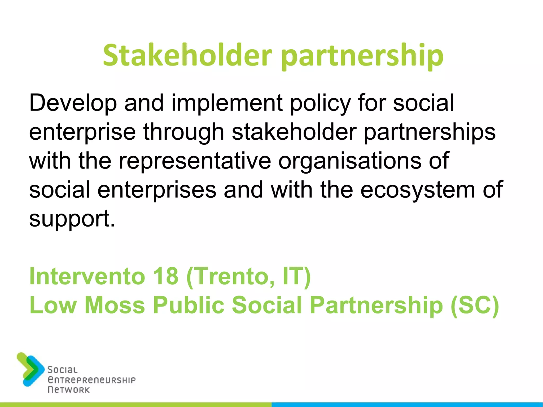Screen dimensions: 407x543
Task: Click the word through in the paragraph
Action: click(184, 132)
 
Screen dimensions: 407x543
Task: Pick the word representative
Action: click(195, 161)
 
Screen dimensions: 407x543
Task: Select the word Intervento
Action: click(87, 276)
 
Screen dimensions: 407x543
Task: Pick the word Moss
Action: click(115, 305)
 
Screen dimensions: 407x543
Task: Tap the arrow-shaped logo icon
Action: click(30, 369)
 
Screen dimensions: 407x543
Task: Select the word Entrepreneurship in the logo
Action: click(91, 380)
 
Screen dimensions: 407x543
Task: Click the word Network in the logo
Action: click(69, 390)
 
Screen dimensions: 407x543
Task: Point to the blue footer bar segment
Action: click(407, 405)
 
